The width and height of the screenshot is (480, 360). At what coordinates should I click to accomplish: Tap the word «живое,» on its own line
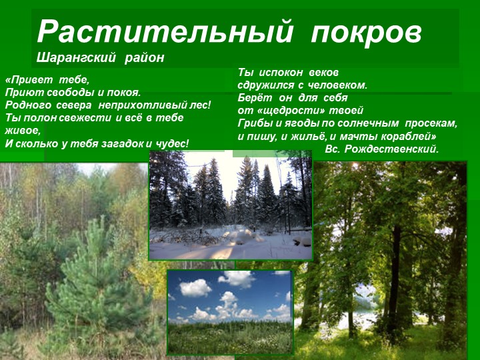point(23,131)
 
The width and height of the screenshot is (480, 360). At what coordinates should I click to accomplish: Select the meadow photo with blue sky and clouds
point(230,311)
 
